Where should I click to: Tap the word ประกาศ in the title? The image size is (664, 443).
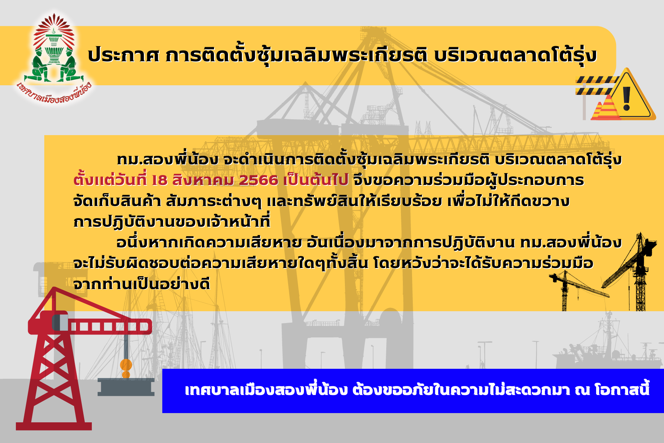[124, 55]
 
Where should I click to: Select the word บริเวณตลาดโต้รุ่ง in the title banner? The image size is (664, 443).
[515, 55]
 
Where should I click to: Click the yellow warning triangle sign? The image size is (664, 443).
[632, 95]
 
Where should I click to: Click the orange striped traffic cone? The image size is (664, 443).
[606, 108]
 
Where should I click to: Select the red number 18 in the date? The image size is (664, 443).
[159, 181]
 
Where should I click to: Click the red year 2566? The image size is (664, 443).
[259, 181]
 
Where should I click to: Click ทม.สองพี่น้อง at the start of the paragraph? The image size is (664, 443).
[167, 159]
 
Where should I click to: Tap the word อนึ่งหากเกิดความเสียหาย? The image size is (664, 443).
[209, 243]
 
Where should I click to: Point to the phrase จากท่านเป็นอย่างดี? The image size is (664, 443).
[142, 284]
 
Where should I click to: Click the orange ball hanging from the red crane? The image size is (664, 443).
[126, 365]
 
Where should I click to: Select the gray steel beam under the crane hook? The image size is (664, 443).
[126, 387]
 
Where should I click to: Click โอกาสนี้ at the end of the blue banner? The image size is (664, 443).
[622, 389]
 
